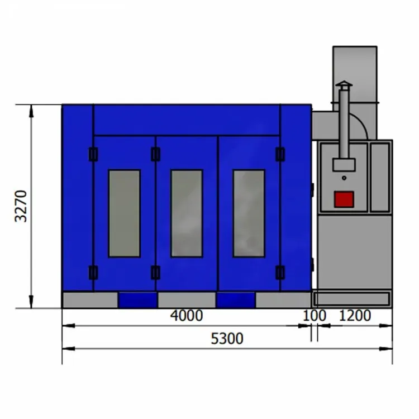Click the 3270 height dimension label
coord(21,206)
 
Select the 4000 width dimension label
coord(187,316)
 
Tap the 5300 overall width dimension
coord(228,339)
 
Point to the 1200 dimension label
coord(355,316)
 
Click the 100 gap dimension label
coord(315,316)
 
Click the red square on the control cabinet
coord(344,199)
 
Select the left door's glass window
coord(124,213)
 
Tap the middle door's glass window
coord(187,213)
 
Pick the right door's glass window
coord(249,213)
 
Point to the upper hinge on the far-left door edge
coord(93,154)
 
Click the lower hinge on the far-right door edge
coord(280,273)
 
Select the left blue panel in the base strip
coord(137,300)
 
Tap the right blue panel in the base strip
coord(236,300)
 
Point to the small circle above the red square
coord(344,178)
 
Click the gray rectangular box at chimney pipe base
coord(344,164)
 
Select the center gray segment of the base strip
coord(187,300)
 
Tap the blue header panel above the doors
coord(187,120)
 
